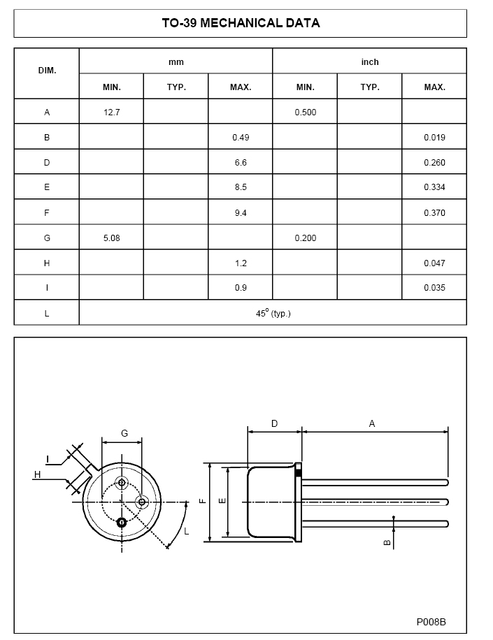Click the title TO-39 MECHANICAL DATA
pos(241,23)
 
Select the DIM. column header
pos(47,72)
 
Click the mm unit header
pos(176,62)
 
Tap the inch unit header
pos(369,62)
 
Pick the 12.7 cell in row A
pos(111,112)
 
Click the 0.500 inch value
pos(305,112)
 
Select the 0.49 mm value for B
pos(241,138)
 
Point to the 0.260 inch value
pos(434,163)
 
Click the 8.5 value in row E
pos(241,187)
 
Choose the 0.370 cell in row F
pos(434,213)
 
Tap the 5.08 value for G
pos(111,238)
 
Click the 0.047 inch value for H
pos(434,263)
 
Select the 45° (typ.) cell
pos(273,314)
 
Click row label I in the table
pos(47,288)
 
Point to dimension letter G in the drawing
pos(124,433)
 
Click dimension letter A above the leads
pos(372,423)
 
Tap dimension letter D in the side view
pos(274,423)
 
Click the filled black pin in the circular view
pos(122,522)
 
